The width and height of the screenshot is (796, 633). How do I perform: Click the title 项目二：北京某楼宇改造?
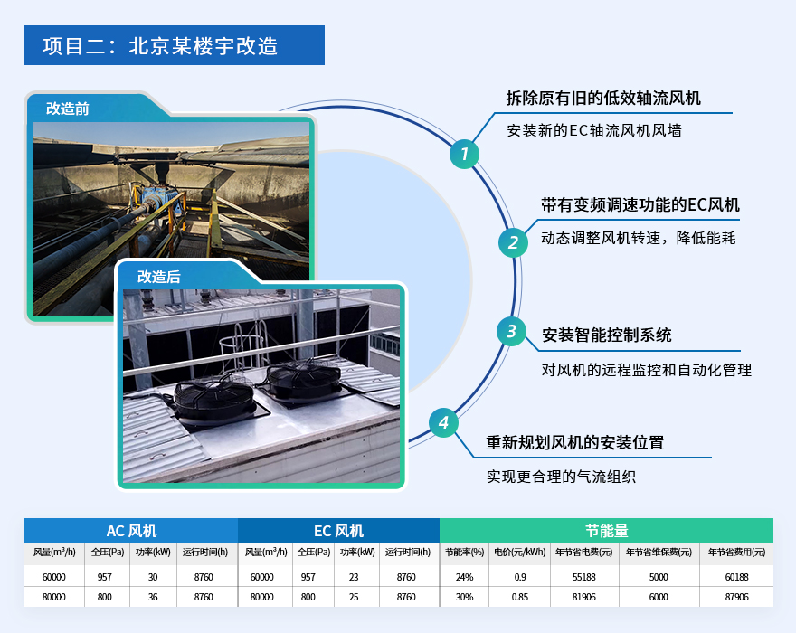click(160, 45)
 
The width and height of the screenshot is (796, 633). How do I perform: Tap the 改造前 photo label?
click(68, 109)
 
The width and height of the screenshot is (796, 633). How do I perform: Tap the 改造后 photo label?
click(159, 277)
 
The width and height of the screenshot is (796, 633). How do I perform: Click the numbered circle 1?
click(463, 155)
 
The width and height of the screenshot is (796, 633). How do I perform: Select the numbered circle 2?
click(513, 242)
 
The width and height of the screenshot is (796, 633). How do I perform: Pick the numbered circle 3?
click(511, 332)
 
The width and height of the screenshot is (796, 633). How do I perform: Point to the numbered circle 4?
click(443, 422)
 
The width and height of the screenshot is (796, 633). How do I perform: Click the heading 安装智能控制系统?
click(606, 335)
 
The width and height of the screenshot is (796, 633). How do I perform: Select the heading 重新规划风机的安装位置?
click(575, 443)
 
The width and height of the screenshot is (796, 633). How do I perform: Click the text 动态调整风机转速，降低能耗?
click(638, 239)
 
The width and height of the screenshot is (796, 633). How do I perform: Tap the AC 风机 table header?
click(131, 531)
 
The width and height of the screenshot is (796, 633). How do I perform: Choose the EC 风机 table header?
click(339, 531)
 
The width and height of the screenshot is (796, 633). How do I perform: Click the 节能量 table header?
click(606, 531)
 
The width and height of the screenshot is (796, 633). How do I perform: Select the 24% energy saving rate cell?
click(464, 577)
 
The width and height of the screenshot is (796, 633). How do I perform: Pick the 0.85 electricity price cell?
click(520, 597)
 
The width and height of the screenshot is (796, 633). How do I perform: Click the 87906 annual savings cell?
click(736, 597)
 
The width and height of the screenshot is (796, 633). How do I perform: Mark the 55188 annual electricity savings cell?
click(584, 577)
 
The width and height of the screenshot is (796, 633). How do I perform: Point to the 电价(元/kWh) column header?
click(520, 553)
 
